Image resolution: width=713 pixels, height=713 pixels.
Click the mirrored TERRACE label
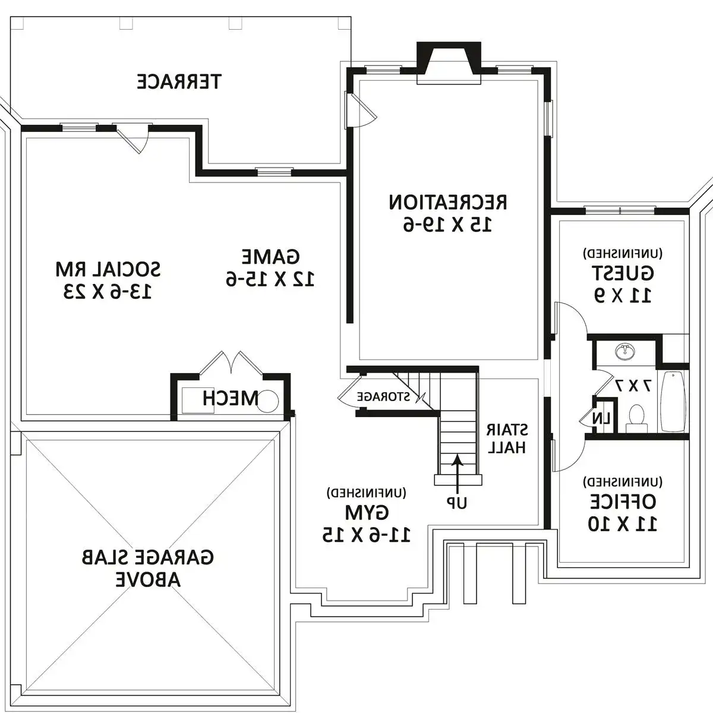coord(179,82)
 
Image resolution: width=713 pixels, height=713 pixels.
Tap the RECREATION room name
coord(448,203)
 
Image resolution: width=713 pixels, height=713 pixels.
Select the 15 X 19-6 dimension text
coord(448,224)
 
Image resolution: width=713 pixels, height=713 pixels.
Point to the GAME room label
coord(270,257)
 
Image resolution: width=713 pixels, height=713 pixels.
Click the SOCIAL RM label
coord(108,270)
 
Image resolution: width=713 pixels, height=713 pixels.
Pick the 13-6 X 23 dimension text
coord(108,292)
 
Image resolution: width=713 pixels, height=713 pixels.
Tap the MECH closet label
coord(230,398)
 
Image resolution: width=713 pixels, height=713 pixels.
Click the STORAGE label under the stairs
coord(383,397)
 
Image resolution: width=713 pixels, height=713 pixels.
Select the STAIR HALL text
coord(507,438)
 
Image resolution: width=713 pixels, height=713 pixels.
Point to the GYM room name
coord(367,513)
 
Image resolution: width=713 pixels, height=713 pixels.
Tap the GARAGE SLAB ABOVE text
coord(147,569)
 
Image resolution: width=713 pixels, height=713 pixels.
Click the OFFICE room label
coord(623,501)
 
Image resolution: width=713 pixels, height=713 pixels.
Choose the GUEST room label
coord(623,273)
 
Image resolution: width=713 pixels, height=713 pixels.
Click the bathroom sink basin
coord(625,350)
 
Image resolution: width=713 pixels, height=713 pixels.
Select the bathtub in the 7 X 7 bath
coord(673,402)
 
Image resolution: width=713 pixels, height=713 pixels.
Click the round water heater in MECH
coord(267,401)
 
